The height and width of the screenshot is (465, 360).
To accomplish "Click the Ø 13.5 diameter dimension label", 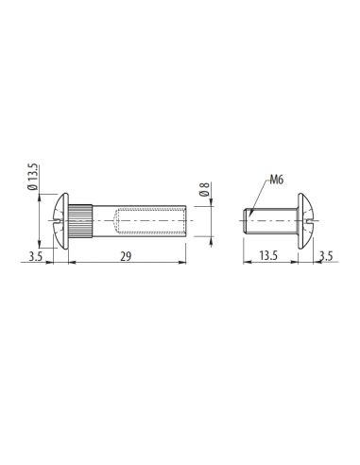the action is click(x=33, y=177).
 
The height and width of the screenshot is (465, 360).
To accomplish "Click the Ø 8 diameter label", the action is click(x=204, y=189).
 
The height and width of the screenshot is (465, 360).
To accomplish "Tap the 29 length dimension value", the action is click(x=126, y=257).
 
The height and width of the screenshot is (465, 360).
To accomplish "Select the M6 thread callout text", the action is click(x=276, y=180).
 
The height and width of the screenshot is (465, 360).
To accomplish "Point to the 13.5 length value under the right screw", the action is click(x=268, y=256).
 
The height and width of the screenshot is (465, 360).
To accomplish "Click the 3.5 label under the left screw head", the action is click(x=35, y=257).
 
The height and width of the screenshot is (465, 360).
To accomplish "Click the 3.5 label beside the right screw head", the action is click(x=326, y=256).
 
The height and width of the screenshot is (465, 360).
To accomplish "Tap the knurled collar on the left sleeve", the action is click(x=80, y=220).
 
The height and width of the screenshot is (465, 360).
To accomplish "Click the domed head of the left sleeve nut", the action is click(x=60, y=221).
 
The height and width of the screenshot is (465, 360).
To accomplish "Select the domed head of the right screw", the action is click(x=306, y=221).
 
